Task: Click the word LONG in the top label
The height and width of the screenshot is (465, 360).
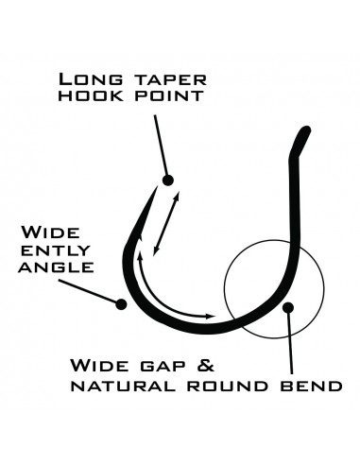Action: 91,79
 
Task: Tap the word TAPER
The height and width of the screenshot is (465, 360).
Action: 171,80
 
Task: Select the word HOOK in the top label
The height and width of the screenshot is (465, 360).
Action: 90,95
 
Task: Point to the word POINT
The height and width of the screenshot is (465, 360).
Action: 169,95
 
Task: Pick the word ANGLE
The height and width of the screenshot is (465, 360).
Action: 56,267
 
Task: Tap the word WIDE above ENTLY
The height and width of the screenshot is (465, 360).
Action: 50,232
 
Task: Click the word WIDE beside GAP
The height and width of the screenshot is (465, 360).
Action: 99,366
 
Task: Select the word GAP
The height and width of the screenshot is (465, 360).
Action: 162,367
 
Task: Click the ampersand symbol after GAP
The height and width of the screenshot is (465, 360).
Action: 205,366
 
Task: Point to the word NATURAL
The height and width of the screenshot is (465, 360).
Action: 123,387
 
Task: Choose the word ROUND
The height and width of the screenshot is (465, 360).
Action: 227,387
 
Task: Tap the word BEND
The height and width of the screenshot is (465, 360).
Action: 311,387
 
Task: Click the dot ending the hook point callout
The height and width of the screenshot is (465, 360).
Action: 168,181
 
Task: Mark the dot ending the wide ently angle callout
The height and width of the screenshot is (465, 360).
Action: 121,304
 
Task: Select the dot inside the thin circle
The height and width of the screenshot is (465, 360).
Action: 288,307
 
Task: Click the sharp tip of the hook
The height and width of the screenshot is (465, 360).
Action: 157,187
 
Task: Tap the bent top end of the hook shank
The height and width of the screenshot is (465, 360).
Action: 305,130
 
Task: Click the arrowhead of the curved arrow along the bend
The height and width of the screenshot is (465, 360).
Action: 210,316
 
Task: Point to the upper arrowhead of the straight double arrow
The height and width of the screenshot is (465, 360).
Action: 178,196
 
